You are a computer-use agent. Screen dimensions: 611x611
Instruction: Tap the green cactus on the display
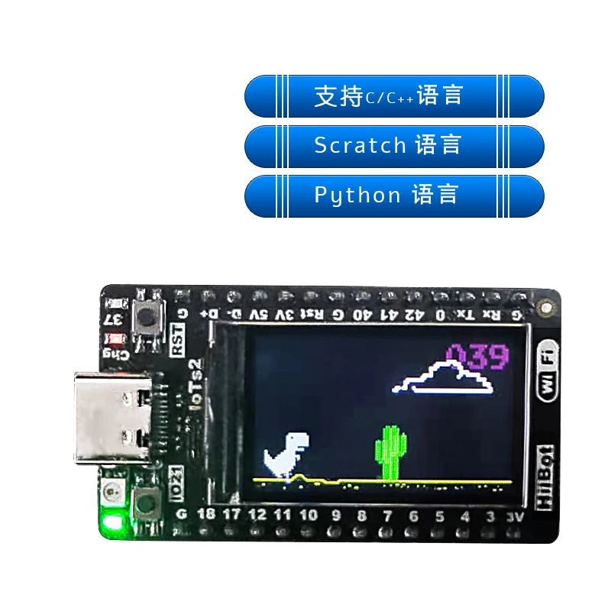coord(389,453)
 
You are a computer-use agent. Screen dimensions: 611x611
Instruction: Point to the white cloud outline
coord(443,378)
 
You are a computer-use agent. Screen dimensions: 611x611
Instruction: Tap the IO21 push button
coord(144,503)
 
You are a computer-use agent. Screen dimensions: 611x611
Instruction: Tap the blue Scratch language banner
coord(394,146)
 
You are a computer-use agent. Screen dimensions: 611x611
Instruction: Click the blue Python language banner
coord(394,196)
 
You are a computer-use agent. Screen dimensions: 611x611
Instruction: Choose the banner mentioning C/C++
coord(394,96)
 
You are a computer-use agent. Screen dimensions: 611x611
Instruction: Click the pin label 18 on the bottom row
coord(206,514)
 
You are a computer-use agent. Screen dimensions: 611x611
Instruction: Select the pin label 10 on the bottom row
coord(309,515)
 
